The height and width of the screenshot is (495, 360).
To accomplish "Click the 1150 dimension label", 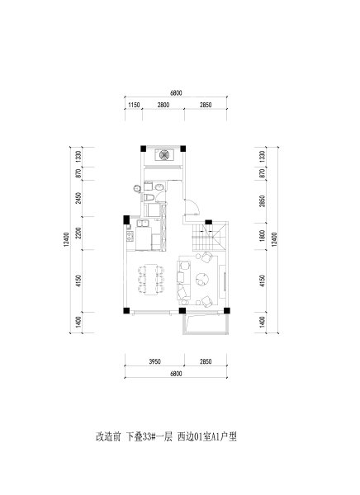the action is click(134, 105).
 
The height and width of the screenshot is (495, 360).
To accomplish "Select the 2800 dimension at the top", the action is click(163, 105).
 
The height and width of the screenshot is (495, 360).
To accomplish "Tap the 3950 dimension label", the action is click(155, 361).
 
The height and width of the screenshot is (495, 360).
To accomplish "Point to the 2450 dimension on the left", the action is click(78, 198).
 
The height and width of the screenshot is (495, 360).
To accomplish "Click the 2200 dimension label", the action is click(78, 233).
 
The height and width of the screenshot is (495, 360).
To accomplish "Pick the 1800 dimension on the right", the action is click(262, 236).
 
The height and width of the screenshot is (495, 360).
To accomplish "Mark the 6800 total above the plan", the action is click(176, 93).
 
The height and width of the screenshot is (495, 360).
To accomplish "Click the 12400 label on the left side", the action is click(66, 239).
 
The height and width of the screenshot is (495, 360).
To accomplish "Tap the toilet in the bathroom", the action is click(149, 198).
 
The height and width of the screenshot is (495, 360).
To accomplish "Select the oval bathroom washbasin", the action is click(159, 187).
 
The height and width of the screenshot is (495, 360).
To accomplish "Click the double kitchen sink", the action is click(143, 224).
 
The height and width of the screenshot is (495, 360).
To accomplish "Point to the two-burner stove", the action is click(130, 236).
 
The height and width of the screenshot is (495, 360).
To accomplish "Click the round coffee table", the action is click(202, 280).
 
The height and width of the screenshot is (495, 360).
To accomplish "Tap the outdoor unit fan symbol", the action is click(163, 155).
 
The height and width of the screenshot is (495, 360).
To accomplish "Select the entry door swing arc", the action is click(195, 205).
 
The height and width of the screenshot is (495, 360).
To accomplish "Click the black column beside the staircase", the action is click(208, 222).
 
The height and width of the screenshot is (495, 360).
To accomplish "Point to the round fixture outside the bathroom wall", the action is click(137, 189).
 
